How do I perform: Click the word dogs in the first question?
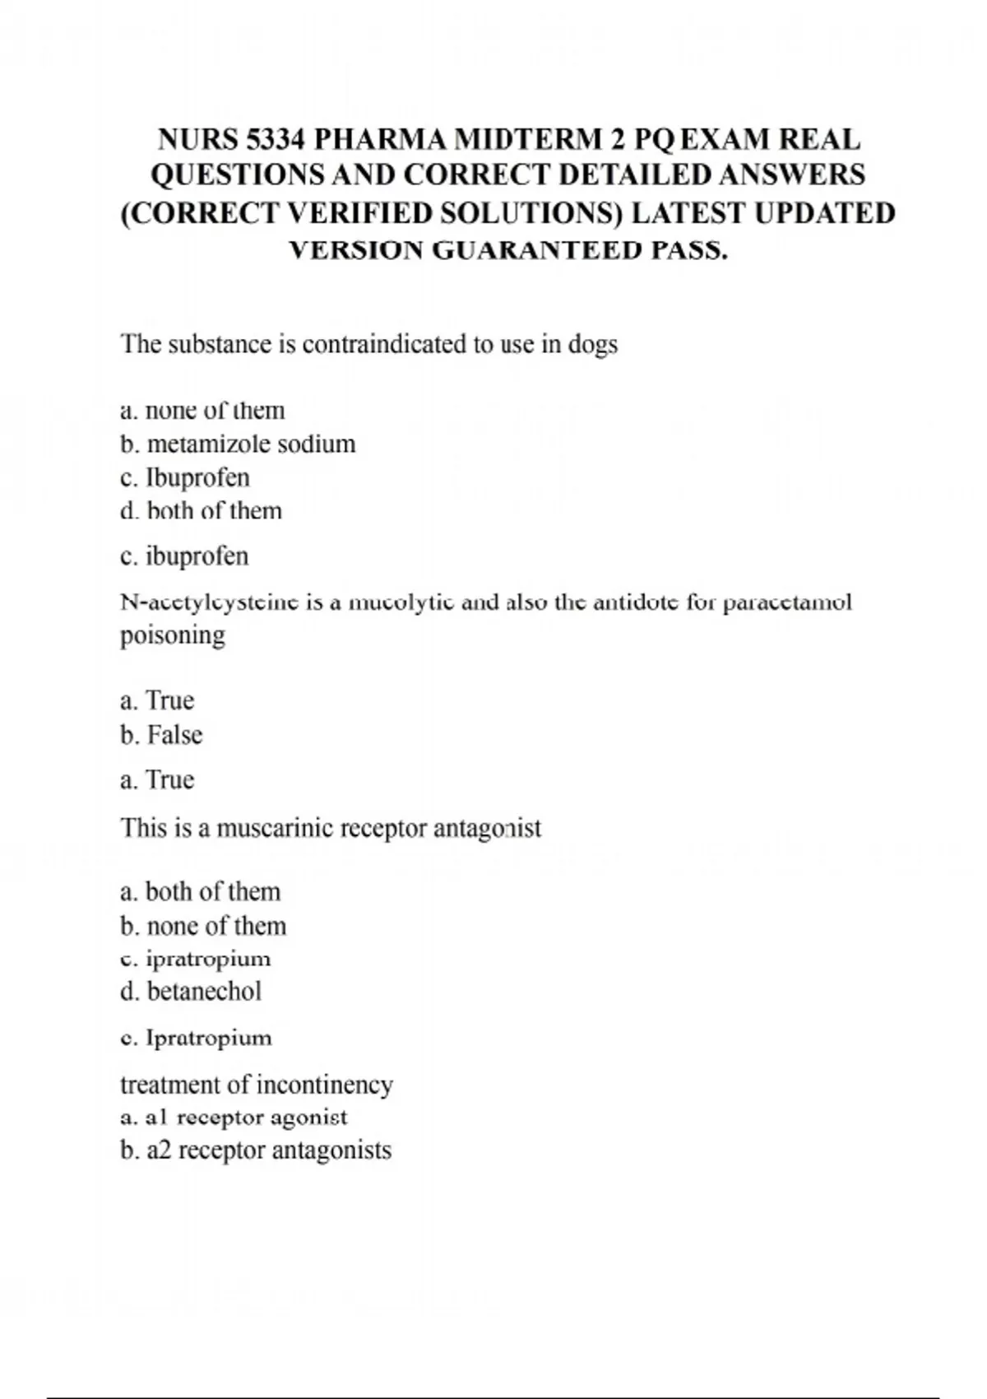click(x=592, y=344)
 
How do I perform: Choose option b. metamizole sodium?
click(x=238, y=444)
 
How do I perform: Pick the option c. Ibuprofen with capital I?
click(x=185, y=478)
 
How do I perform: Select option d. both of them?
click(x=201, y=511)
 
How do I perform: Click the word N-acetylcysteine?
click(x=209, y=602)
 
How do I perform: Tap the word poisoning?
click(x=173, y=636)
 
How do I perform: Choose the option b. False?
click(x=161, y=735)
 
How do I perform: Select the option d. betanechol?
click(x=191, y=992)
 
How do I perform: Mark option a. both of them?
click(x=201, y=892)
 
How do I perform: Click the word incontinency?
click(x=324, y=1085)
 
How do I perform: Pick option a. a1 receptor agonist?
click(x=234, y=1118)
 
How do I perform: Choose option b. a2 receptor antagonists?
click(x=256, y=1150)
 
